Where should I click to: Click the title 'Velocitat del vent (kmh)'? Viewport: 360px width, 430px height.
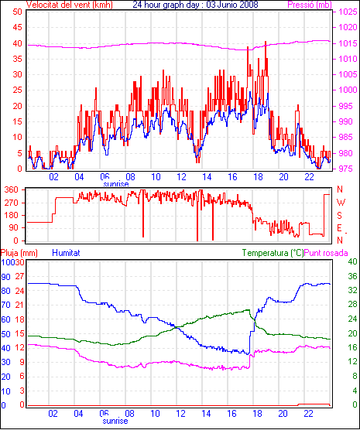(70, 5)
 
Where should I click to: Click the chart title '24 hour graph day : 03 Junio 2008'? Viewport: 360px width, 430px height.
(195, 5)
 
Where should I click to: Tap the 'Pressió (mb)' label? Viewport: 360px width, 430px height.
(310, 5)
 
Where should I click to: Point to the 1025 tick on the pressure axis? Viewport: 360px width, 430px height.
(348, 12)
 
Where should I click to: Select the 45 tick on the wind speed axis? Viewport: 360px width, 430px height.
(17, 27)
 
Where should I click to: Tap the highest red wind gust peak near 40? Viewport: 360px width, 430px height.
(266, 42)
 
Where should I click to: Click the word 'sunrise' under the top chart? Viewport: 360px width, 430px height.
(116, 184)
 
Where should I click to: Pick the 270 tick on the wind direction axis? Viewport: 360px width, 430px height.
(12, 203)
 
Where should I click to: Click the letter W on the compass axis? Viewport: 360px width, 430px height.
(341, 203)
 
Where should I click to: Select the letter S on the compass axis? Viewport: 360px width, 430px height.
(339, 216)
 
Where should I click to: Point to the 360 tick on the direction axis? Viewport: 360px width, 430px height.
(12, 189)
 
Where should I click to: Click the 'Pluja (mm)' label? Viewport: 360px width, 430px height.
(19, 253)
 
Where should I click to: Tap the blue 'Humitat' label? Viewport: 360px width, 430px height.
(66, 253)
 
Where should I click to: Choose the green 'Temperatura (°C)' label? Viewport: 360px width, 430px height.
(273, 253)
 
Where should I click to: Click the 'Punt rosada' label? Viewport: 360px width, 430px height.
(326, 253)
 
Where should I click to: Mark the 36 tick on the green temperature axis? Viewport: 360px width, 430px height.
(352, 276)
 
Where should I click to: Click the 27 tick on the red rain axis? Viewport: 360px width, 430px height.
(19, 276)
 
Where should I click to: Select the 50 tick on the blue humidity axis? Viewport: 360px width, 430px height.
(5, 334)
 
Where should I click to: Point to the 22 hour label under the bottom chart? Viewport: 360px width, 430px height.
(308, 413)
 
